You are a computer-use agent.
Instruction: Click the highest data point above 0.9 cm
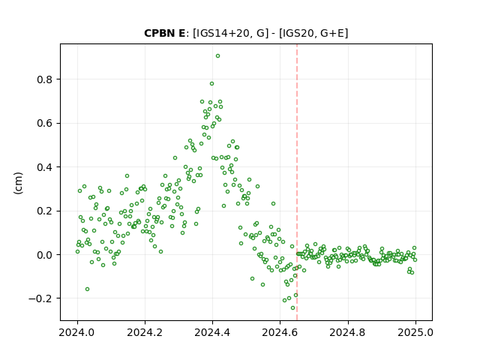217,56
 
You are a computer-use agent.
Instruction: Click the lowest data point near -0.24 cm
293,308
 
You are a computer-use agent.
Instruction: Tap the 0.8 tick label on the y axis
45,79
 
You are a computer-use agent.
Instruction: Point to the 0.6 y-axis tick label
45,123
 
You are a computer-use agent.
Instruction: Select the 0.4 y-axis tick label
45,167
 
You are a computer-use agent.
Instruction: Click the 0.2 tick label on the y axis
45,211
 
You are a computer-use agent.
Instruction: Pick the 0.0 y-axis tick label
45,255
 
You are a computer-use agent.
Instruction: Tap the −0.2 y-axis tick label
40,298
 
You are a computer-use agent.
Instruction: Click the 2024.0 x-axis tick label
77,332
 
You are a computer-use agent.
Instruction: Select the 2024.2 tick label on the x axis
145,332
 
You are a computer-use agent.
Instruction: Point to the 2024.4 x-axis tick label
212,332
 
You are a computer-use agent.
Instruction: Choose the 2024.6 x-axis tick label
280,332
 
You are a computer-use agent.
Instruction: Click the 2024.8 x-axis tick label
348,332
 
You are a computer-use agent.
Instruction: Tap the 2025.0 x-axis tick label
415,332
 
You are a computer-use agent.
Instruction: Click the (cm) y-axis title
18,183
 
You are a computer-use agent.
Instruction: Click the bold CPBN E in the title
165,33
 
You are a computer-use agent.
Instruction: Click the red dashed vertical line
297,182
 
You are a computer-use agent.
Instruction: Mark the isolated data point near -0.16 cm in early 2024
87,289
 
